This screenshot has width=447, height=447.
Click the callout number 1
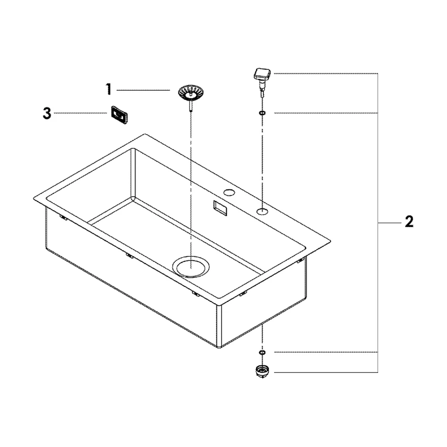click(x=109, y=89)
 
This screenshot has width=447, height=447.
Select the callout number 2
click(x=409, y=222)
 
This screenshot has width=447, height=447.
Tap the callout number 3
click(x=47, y=113)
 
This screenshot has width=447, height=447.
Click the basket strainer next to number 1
click(x=191, y=93)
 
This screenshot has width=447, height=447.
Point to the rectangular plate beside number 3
click(x=119, y=114)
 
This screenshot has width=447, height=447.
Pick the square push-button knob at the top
click(x=262, y=74)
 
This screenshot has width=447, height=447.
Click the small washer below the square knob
click(x=262, y=113)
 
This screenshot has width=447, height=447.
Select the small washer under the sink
click(x=262, y=353)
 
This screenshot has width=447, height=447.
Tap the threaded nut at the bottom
click(x=262, y=371)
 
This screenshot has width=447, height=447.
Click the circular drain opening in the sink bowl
click(x=191, y=267)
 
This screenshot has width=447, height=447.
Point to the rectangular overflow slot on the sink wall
click(x=220, y=208)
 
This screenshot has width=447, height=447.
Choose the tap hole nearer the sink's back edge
click(x=229, y=193)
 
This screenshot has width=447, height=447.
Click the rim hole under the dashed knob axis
click(x=262, y=211)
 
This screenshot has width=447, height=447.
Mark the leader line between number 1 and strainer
click(x=143, y=90)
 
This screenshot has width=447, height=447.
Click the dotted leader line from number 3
click(x=80, y=113)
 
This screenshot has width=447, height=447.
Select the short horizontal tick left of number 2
click(x=390, y=223)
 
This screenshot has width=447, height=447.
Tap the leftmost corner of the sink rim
click(x=34, y=199)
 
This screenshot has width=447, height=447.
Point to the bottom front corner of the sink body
click(x=219, y=347)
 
